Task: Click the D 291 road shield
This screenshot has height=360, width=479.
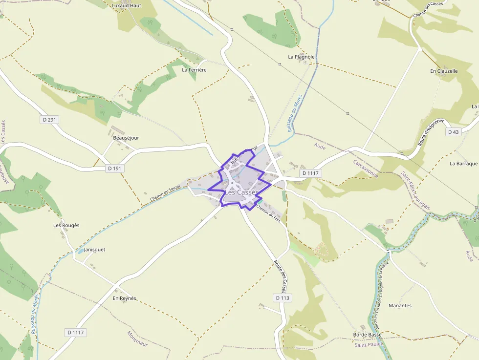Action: coord(49,119)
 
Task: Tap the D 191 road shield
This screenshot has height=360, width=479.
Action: coord(114,169)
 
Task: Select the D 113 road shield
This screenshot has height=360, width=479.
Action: coord(283,298)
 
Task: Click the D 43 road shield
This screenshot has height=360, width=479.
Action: coord(453,132)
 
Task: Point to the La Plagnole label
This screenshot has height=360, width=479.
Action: coord(301,57)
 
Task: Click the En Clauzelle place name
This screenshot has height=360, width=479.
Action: coord(444,71)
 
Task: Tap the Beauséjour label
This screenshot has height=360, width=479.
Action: coord(126,138)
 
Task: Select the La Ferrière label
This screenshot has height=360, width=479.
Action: coord(194,70)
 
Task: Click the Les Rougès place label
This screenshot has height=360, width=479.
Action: coord(66,225)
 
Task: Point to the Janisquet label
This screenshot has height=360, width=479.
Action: coord(94,250)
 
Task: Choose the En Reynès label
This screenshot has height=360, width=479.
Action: coord(125,298)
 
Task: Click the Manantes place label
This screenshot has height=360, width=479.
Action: coord(400,306)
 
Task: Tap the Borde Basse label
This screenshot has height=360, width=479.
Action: coord(368,335)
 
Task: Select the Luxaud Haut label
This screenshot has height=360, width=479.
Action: coord(126,6)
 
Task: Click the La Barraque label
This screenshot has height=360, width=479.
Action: coord(463,163)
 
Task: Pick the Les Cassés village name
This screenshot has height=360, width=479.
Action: coord(242,192)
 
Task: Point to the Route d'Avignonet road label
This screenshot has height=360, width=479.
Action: coord(431,132)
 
